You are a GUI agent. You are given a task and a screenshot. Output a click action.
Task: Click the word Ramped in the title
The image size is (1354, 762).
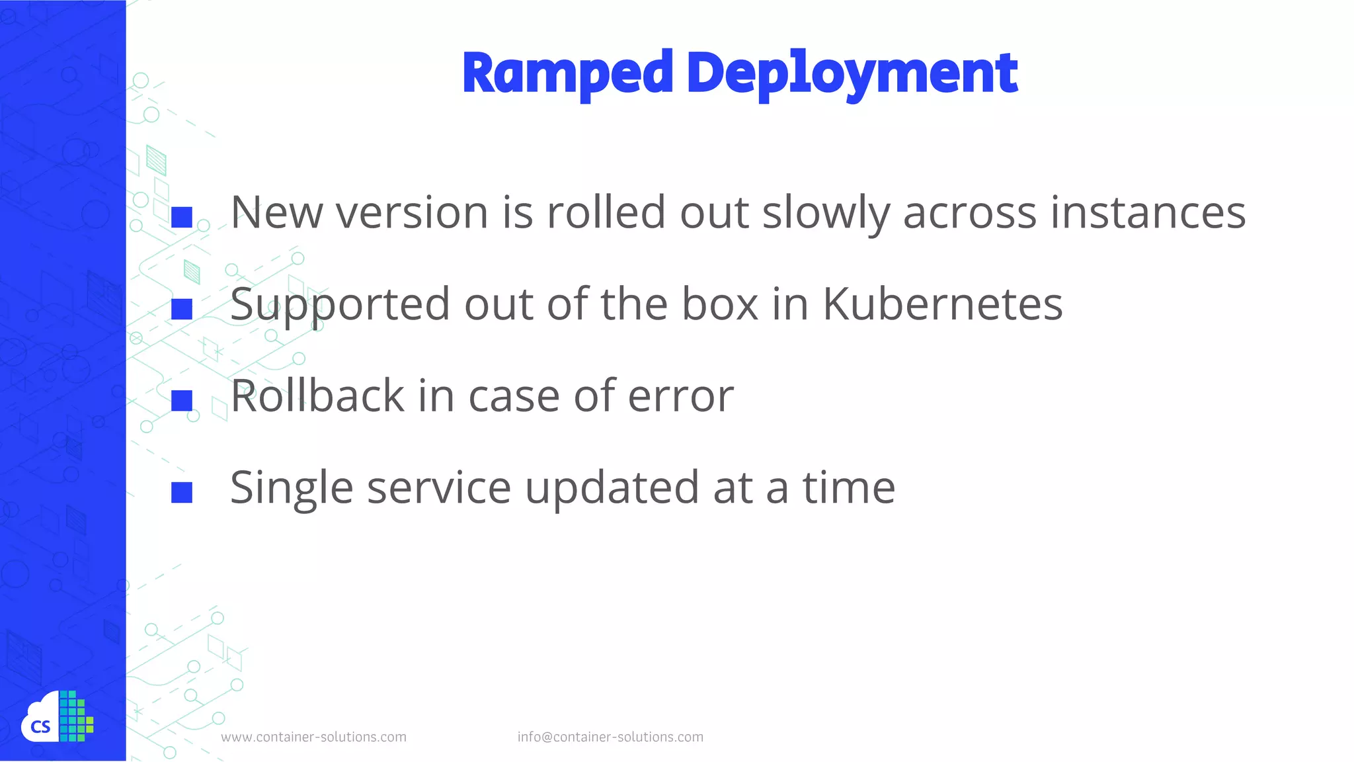click(567, 73)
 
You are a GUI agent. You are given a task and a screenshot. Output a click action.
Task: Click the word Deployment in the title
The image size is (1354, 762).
click(852, 73)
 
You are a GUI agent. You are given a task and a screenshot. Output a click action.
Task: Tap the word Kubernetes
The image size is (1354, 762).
click(942, 304)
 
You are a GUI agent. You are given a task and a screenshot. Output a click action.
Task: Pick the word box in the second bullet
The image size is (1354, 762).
click(719, 304)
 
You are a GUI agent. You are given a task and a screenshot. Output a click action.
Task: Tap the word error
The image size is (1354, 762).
click(680, 397)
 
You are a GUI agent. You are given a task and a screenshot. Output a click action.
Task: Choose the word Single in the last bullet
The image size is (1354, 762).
click(292, 488)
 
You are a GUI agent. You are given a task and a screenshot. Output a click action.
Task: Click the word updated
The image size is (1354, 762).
click(612, 488)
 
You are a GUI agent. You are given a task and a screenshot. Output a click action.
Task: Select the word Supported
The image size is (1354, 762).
click(340, 306)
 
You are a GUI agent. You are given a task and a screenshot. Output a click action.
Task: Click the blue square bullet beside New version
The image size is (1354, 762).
click(182, 218)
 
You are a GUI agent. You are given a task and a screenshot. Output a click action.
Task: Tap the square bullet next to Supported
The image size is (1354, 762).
click(182, 309)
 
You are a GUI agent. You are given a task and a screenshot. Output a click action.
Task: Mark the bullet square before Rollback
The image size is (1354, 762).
click(182, 400)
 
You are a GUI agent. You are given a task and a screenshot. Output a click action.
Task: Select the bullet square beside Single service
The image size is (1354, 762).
click(182, 492)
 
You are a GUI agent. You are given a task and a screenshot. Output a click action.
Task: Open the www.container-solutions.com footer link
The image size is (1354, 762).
click(313, 737)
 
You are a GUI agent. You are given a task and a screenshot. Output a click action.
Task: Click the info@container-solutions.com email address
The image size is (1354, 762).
click(610, 737)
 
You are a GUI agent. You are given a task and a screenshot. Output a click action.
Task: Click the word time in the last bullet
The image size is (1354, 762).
click(849, 488)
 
